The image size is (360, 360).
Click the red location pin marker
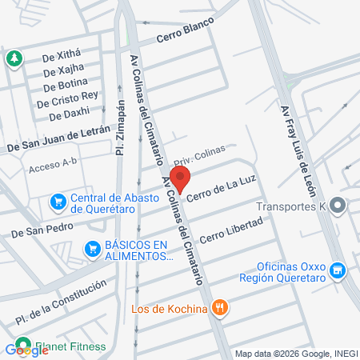coord(182,179)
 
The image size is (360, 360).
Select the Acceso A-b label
coord(52,168)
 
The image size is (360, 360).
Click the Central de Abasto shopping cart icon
coord(58,202)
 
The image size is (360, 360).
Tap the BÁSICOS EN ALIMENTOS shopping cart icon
coord(94,250)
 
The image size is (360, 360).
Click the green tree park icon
coord(14,58)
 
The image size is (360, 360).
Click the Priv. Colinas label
coord(196,154)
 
